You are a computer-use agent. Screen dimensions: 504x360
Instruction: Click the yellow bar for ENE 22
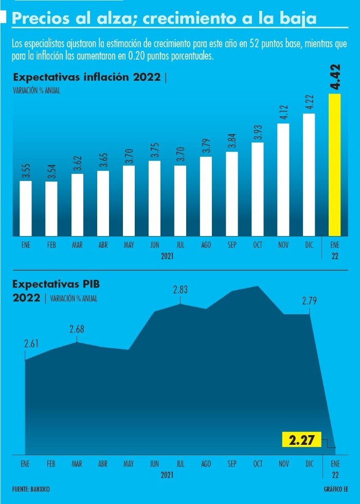pos(335,165)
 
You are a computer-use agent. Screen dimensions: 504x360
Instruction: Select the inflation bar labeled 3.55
pos(26,208)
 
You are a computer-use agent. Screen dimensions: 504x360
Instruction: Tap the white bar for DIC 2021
pos(309,175)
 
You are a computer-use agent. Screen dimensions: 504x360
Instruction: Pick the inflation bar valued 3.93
pos(258,189)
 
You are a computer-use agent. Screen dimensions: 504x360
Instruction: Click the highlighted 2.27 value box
pos(302,441)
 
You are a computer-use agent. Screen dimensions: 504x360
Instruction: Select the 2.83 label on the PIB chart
pos(180,290)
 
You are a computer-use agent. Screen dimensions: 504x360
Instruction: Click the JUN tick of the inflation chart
pos(154,245)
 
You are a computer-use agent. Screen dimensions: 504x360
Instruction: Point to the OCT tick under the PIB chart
pos(258,464)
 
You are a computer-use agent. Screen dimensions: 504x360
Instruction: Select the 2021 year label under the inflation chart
pos(167,256)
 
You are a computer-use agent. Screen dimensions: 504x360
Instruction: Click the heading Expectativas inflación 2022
pos(86,78)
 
